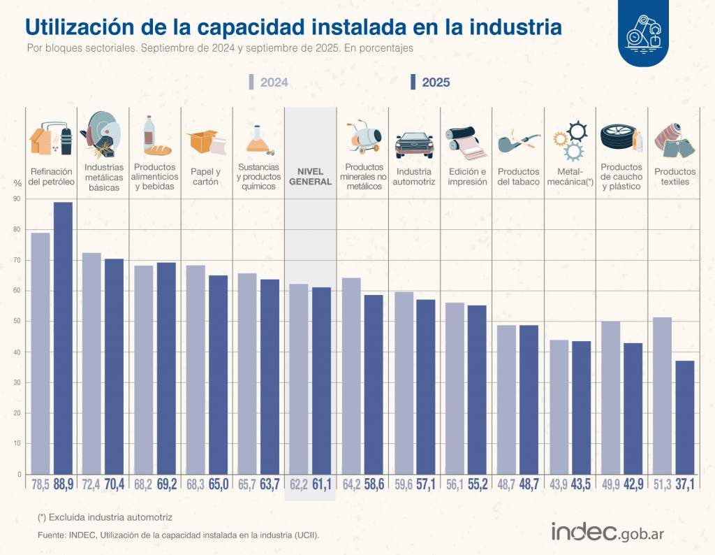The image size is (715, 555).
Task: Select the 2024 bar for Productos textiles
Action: pyautogui.click(x=662, y=396)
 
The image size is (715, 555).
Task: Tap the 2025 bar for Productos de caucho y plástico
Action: pyautogui.click(x=633, y=408)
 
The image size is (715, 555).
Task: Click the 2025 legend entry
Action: pyautogui.click(x=430, y=82)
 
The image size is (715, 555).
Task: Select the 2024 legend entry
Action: pyautogui.click(x=269, y=82)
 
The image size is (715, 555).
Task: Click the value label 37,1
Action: pyautogui.click(x=685, y=484)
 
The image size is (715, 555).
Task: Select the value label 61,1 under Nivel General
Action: pyautogui.click(x=322, y=484)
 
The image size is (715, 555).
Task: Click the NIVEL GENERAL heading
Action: pyautogui.click(x=310, y=177)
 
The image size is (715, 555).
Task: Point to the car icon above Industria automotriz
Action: pyautogui.click(x=414, y=144)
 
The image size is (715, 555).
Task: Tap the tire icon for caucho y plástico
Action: pyautogui.click(x=617, y=138)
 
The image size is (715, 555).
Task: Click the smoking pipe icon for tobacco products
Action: pyautogui.click(x=515, y=142)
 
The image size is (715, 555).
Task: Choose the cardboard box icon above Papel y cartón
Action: pyautogui.click(x=205, y=142)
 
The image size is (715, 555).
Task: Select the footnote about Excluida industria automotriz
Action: pyautogui.click(x=105, y=517)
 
